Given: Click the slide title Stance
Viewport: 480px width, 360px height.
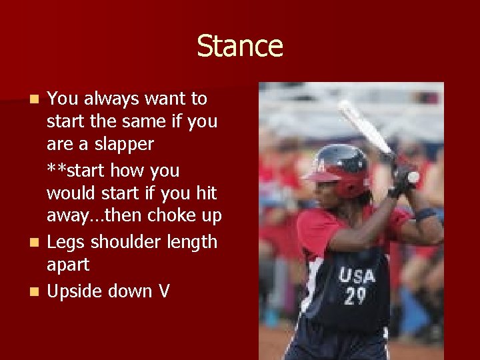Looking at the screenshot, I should coord(240,46).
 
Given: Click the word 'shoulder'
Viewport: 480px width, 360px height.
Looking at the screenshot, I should coord(125,241).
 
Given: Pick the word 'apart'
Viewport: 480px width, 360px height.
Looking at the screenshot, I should coord(68,265).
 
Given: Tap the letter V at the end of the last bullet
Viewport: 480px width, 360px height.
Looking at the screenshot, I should coord(164,291).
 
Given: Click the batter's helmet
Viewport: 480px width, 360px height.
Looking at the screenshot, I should coord(341,167).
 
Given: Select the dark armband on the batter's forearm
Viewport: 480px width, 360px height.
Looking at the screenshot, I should coord(424,215).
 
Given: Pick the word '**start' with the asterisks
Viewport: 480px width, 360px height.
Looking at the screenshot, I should coord(75,170).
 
